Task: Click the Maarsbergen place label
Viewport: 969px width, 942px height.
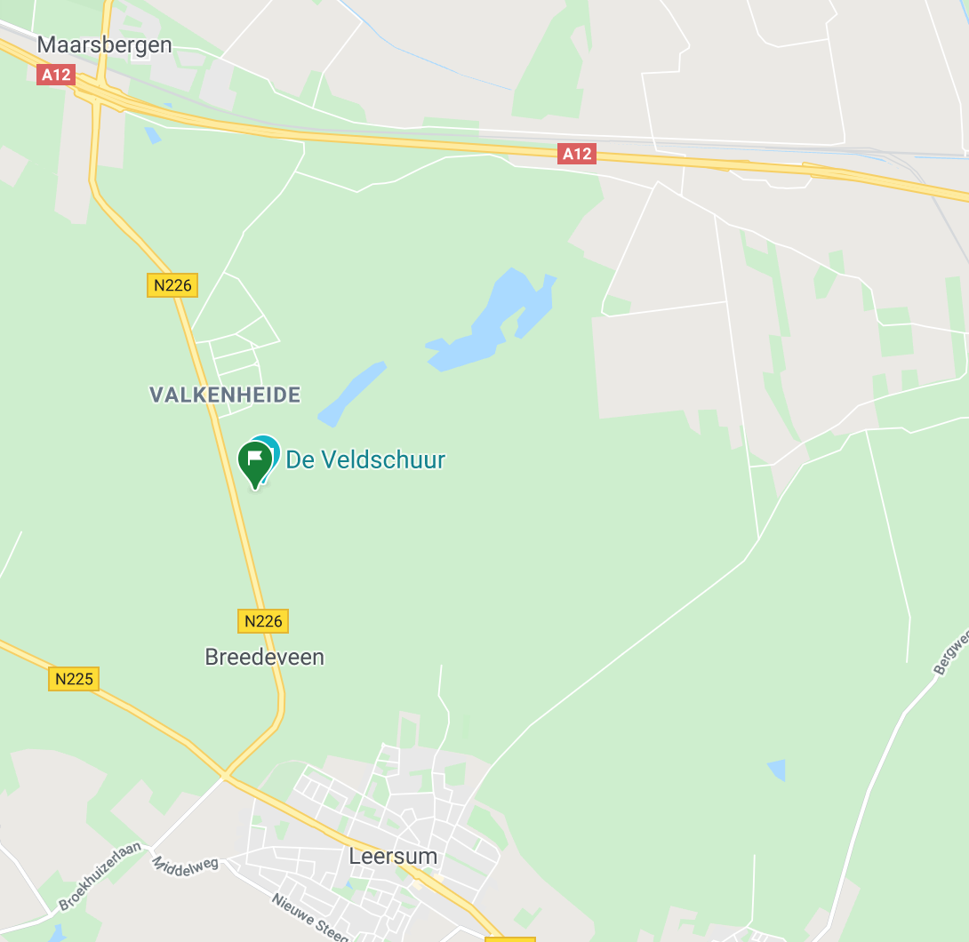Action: [105, 45]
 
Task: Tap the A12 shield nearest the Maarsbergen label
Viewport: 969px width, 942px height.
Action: [55, 75]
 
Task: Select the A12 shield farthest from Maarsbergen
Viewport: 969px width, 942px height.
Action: [576, 154]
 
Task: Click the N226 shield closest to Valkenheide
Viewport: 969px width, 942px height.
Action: [172, 285]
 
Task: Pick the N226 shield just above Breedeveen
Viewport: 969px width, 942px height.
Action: [263, 620]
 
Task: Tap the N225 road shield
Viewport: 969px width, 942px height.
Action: [73, 679]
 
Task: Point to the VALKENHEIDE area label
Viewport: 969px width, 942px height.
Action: [225, 395]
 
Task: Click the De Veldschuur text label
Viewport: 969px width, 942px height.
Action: [364, 459]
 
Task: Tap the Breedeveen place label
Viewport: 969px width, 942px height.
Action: [264, 657]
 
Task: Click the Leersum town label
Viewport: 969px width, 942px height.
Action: [393, 857]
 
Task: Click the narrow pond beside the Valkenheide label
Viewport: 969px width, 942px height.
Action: [351, 392]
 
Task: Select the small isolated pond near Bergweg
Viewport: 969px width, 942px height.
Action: [777, 770]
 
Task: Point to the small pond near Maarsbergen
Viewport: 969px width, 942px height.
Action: [154, 135]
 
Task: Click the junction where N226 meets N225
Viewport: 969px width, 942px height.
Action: [227, 777]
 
